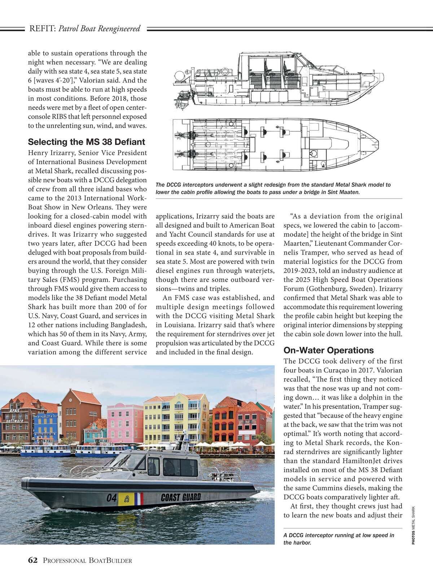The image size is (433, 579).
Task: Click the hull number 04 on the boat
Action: [111, 498]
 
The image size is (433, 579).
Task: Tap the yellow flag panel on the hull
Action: [126, 499]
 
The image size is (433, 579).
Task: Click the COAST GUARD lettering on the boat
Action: [181, 498]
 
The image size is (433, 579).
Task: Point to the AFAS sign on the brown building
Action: [14, 411]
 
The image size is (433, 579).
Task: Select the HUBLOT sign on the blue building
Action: [45, 416]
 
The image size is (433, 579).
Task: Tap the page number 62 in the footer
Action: [33, 560]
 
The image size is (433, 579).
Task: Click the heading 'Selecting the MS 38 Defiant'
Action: [86, 142]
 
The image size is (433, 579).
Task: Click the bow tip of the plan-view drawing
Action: [377, 144]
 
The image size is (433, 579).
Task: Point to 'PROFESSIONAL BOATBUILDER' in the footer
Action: [87, 561]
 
